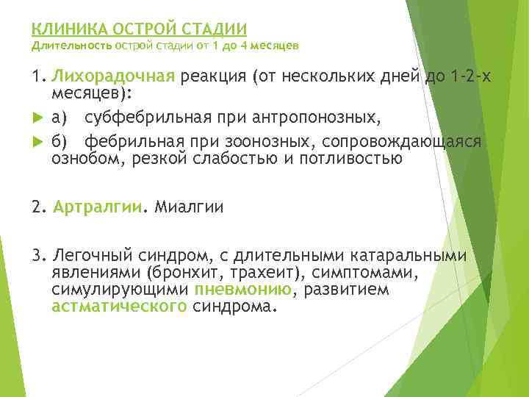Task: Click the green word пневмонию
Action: click(243, 290)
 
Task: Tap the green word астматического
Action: click(119, 307)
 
